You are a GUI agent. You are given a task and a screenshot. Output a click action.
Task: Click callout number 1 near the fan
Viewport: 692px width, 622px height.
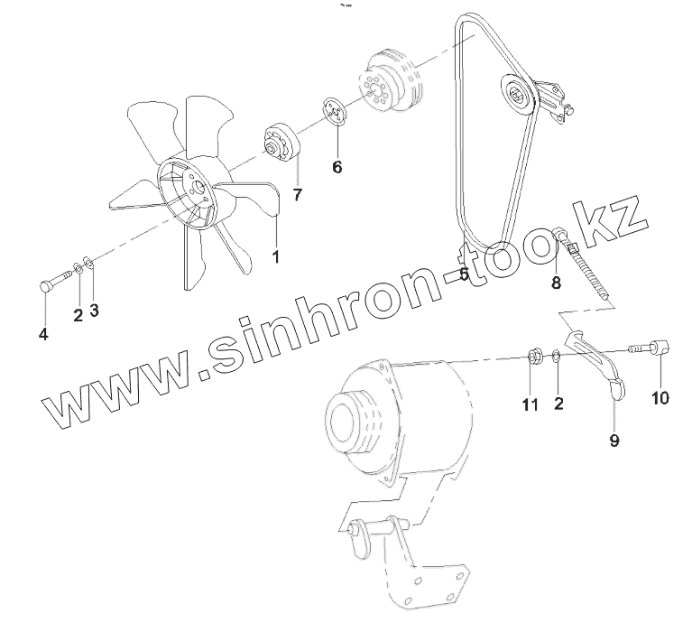(274, 256)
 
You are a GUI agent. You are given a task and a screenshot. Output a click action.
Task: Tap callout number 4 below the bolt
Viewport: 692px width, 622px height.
(43, 335)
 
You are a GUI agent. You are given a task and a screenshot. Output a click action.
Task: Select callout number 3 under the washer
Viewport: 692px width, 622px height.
(94, 310)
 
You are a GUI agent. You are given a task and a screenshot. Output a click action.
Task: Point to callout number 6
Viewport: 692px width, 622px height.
(337, 166)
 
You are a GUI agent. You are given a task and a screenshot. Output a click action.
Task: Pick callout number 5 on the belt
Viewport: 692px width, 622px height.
(462, 274)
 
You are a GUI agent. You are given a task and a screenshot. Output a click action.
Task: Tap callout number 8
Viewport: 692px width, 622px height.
(556, 282)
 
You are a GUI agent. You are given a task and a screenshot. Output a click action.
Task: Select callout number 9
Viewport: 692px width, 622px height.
(615, 441)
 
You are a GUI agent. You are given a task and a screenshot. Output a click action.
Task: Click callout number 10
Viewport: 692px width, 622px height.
(660, 396)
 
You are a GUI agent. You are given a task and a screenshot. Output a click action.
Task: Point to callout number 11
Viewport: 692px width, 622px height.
(529, 405)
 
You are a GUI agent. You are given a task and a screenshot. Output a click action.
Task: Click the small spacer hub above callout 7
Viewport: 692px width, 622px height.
(281, 145)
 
